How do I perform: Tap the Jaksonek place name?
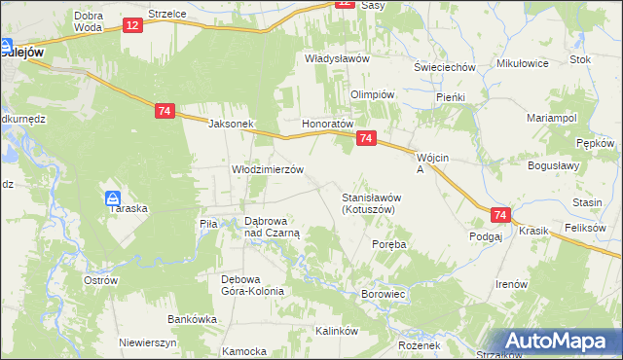[x=231, y=125]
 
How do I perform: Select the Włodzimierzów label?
[x=268, y=168]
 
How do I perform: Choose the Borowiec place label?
[x=383, y=293]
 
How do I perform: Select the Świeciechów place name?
[x=444, y=67]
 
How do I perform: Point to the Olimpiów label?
[x=372, y=94]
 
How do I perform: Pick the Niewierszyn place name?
[x=146, y=342]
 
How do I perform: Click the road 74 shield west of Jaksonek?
[x=164, y=112]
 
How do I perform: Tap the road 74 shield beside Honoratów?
[x=366, y=139]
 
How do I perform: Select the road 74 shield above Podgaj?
[x=500, y=215]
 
